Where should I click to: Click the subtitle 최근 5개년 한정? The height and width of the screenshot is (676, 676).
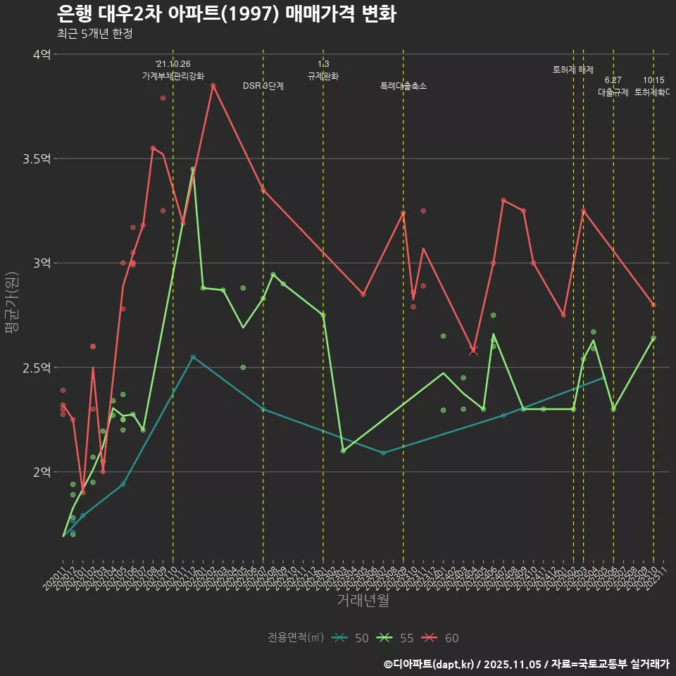pos(94,34)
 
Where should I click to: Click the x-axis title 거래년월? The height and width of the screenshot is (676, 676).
pos(363,601)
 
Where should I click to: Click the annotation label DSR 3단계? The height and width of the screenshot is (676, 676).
pos(263,86)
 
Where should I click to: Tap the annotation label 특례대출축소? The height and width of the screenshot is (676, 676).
pos(403,86)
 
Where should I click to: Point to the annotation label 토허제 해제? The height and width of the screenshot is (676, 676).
pos(573,70)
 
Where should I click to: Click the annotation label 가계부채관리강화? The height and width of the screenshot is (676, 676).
pos(173,76)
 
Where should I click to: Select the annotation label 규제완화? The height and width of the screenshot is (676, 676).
pos(323,76)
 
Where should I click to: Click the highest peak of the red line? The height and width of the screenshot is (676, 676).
pos(213,86)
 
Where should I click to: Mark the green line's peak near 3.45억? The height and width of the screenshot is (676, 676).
pos(193,169)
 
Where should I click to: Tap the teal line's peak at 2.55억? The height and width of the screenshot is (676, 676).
pos(193,357)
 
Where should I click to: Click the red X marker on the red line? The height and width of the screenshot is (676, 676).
pos(473,350)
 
